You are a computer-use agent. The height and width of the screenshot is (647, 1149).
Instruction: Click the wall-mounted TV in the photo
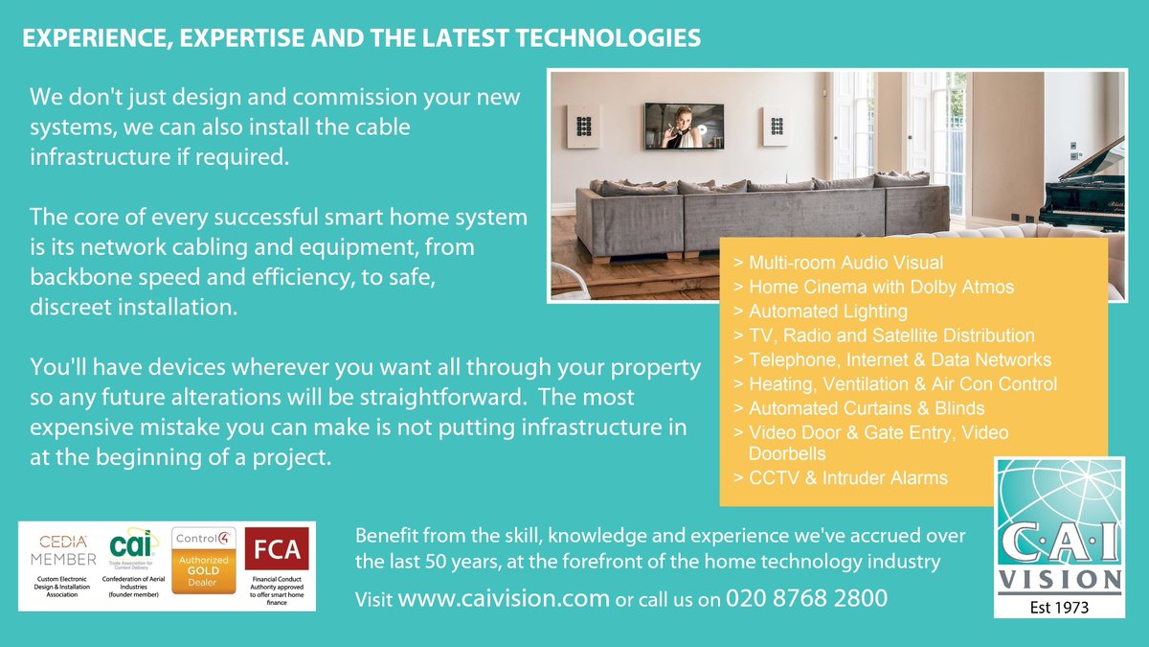[684, 126]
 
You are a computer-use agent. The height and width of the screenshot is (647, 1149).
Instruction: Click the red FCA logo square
[277, 550]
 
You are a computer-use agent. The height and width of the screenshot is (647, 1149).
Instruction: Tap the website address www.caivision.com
[503, 599]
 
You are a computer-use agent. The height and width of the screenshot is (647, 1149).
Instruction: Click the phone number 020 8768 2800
[806, 599]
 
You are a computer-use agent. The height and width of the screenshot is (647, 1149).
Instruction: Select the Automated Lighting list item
[827, 312]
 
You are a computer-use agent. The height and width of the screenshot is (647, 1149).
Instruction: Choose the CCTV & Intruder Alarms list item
[847, 477]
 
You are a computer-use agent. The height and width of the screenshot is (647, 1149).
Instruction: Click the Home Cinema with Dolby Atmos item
[881, 287]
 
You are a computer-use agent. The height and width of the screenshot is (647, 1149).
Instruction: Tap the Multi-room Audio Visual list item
[845, 262]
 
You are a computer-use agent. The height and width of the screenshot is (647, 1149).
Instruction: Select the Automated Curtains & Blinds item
[867, 408]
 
